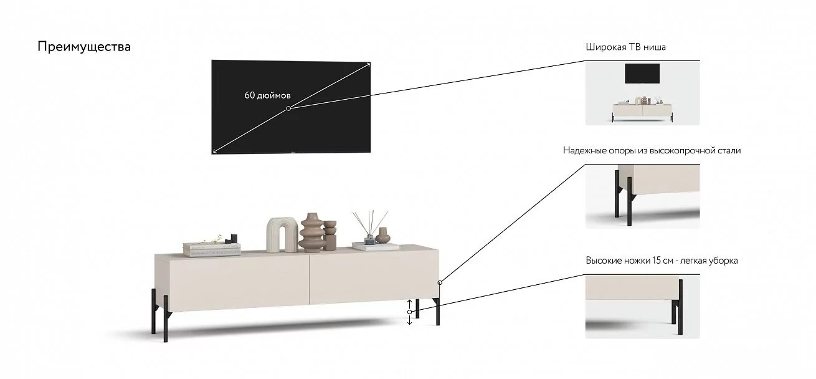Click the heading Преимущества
84,47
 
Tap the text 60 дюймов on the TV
267,95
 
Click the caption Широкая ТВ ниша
625,47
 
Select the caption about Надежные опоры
652,150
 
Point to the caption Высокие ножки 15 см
662,261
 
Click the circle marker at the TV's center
288,108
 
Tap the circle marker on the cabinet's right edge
440,283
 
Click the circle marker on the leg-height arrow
409,312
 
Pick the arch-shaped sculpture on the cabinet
282,235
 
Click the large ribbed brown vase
312,233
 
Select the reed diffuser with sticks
369,228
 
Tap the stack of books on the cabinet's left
212,249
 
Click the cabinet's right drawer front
374,277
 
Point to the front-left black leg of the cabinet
166,319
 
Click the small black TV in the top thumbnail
642,74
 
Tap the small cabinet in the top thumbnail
642,111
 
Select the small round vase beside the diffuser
382,235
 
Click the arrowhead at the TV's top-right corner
369,64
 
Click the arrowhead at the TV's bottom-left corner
214,151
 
